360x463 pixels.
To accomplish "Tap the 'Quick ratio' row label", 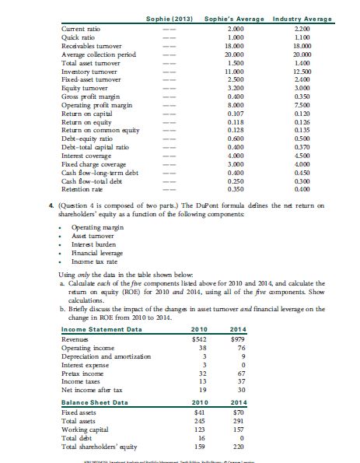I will [x=78, y=37].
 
